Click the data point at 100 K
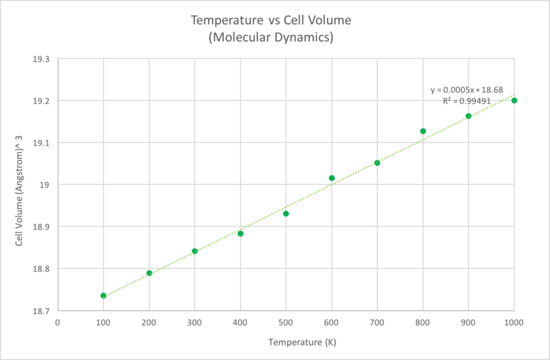(103, 295)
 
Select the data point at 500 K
(286, 214)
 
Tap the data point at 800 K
(423, 131)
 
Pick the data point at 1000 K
(514, 100)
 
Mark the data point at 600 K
(331, 178)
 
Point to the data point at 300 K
(195, 251)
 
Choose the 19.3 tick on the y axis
(41, 59)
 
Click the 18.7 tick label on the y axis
(41, 311)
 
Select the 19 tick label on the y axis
(45, 185)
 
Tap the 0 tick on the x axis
(58, 322)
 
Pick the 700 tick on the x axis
(377, 322)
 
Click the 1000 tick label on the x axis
(514, 322)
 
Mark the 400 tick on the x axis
(240, 322)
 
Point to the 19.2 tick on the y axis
(41, 101)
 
